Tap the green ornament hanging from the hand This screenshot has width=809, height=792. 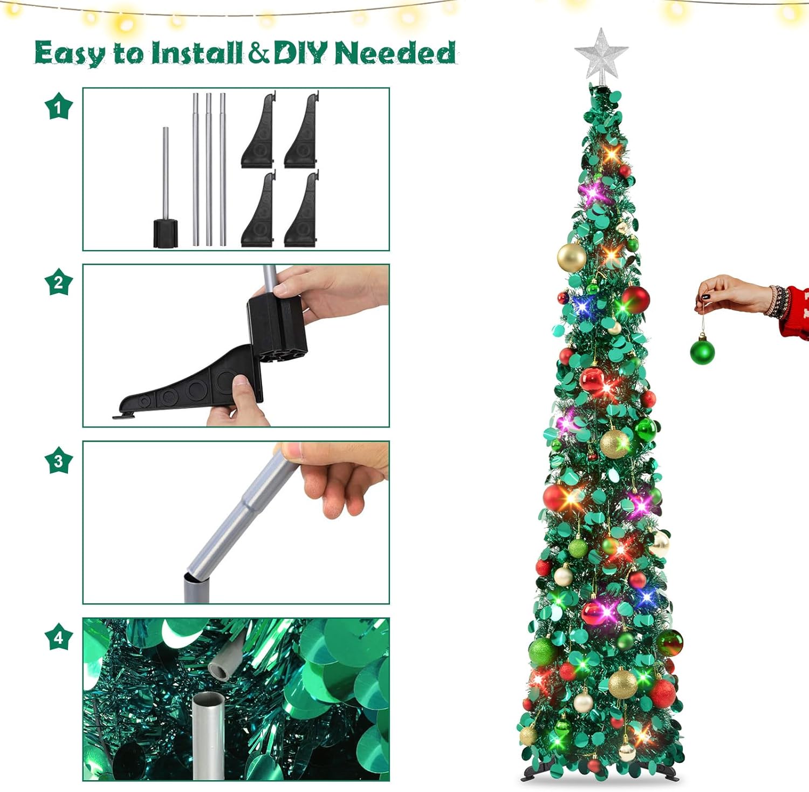tap(702, 349)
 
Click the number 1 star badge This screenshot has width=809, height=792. tap(58, 106)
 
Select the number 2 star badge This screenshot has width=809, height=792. tap(58, 282)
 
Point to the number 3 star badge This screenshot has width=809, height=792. tap(58, 460)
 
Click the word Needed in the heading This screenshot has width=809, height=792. tap(395, 52)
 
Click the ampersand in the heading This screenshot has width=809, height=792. tap(259, 53)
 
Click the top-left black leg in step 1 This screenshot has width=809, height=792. tap(258, 130)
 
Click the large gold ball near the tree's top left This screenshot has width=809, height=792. tap(572, 257)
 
